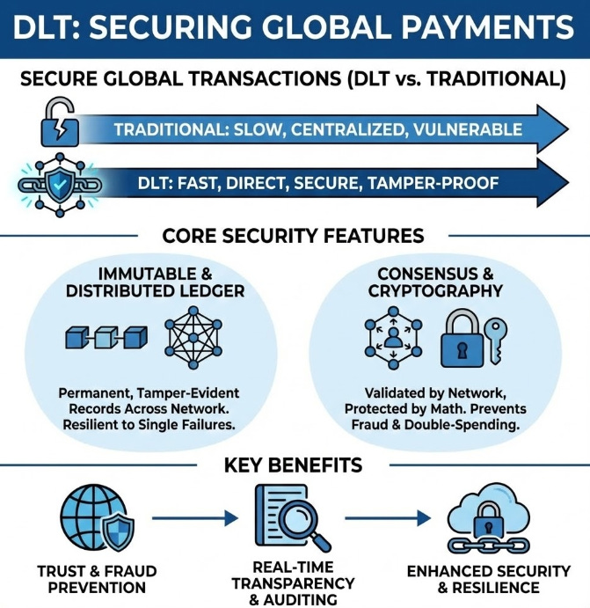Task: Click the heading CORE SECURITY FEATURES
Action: pos(293,237)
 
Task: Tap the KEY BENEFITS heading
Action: pos(295,465)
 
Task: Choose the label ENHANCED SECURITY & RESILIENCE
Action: pos(484,578)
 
